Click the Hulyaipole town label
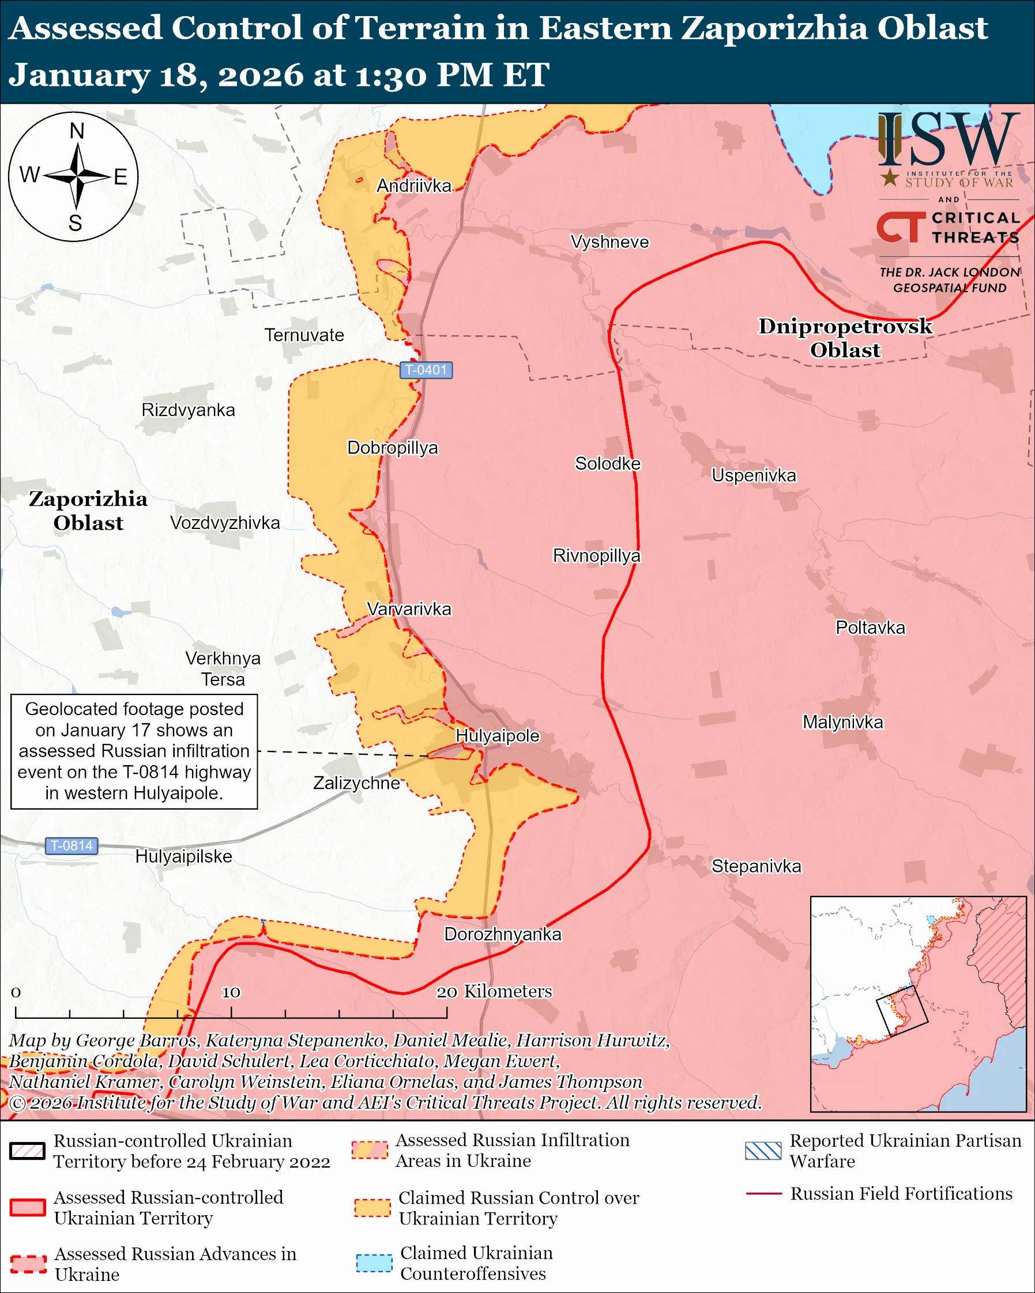pos(498,736)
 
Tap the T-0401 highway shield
pos(426,370)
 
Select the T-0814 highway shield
pos(71,846)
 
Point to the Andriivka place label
pos(413,186)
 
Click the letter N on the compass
pos(77,131)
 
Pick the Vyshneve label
pos(609,242)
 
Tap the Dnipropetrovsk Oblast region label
pos(845,338)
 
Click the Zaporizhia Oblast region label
pos(88,511)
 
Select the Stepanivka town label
pos(756,866)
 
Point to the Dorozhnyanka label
pos(502,935)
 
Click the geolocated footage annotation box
pos(134,751)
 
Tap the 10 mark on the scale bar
pos(231,992)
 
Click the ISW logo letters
pos(948,141)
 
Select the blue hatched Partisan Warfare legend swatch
pos(763,1151)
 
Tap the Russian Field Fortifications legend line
pos(763,1194)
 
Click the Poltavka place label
pos(870,628)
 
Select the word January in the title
pos(78,75)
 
